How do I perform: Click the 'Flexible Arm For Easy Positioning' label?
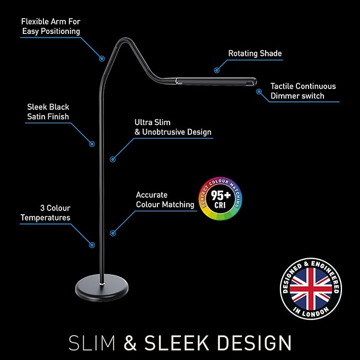coord(51,27)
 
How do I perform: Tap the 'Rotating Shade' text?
coord(255,53)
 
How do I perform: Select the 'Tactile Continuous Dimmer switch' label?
coord(303,91)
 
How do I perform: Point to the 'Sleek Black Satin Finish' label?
coord(48,111)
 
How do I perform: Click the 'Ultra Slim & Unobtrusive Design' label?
coord(173,127)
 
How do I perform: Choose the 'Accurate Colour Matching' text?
coord(165,199)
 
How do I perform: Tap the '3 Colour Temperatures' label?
coord(46,213)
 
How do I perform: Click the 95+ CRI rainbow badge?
coord(221,199)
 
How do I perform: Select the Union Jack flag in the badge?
coord(311,289)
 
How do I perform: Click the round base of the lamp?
coord(102,287)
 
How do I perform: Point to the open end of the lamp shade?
coord(254,82)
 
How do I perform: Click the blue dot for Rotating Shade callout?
coord(216,71)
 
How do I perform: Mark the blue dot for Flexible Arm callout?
coord(102,58)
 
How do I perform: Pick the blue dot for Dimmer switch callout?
coord(259,92)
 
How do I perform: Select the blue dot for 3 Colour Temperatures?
coord(92,245)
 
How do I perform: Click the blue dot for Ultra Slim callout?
coord(112,159)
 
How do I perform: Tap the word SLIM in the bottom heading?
coord(92,343)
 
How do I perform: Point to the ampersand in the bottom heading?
coord(130,343)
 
